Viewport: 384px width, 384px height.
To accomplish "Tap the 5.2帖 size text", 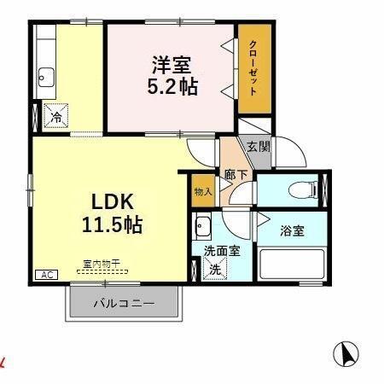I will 171,86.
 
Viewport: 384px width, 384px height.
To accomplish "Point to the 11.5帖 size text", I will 111,225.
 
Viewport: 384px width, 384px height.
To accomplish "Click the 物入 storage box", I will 203,192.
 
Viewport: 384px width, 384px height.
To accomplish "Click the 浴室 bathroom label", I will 291,229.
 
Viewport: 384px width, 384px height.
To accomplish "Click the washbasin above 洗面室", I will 203,228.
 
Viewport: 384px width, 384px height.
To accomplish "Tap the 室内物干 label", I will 102,264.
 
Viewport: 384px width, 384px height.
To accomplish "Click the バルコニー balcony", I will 124,303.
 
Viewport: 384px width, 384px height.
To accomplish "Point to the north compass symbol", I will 346,352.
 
